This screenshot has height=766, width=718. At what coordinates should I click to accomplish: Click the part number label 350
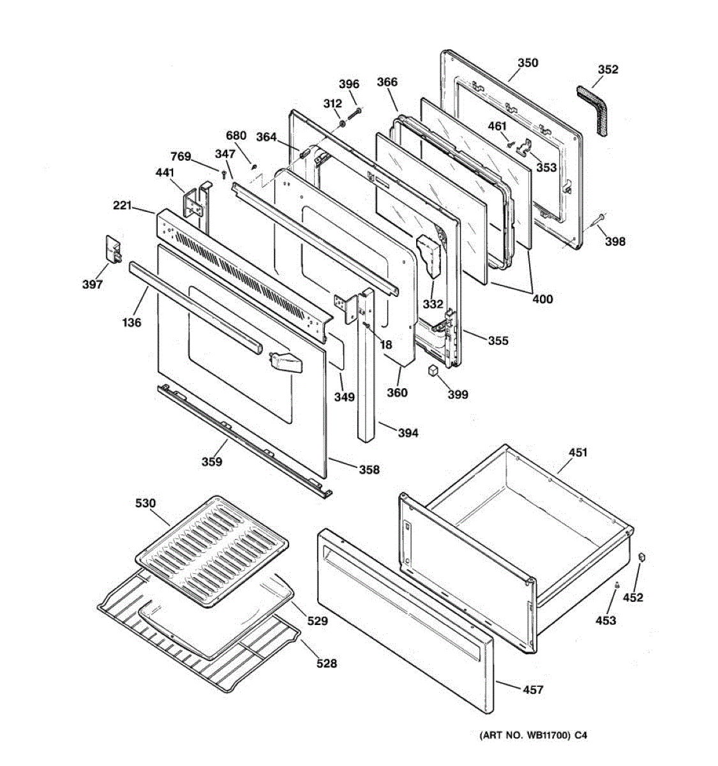point(527,63)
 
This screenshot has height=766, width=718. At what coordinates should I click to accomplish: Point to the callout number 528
point(326,663)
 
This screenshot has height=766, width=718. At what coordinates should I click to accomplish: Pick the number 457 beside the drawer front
point(533,689)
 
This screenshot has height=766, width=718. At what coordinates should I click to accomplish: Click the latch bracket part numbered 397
point(114,250)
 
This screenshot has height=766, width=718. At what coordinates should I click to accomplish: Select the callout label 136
point(132,322)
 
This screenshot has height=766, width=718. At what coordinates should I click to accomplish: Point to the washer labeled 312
point(342,124)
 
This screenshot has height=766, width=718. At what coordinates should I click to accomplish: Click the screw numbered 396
point(355,114)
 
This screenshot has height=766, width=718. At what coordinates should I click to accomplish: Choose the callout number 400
point(542,299)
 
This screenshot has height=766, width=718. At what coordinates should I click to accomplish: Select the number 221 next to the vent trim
point(123,206)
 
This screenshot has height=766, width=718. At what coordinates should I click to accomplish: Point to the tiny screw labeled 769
point(223,175)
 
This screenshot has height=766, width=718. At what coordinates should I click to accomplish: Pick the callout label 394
point(408,433)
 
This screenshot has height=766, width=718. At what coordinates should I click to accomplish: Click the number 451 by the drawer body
point(578,452)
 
